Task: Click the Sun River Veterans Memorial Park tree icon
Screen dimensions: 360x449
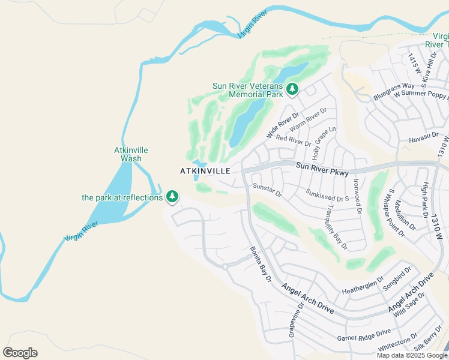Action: [x=292, y=89]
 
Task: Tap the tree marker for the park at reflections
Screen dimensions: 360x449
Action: [x=172, y=196]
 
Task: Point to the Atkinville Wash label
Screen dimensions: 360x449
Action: [x=131, y=154]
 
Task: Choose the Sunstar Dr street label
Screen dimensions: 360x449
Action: [x=267, y=190]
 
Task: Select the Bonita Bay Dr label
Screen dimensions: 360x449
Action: [x=261, y=265]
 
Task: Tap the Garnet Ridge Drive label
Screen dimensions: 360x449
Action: [x=364, y=334]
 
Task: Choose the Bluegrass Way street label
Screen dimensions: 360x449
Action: [x=394, y=91]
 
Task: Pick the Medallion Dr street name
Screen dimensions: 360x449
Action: [x=405, y=214]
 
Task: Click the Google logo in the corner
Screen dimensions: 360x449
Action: [x=20, y=353]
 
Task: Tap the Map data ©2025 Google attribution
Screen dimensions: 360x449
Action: [x=411, y=355]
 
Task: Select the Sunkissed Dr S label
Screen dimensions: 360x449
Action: [x=327, y=196]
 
